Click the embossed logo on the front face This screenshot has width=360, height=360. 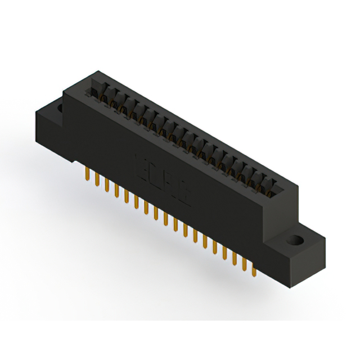tap(163, 177)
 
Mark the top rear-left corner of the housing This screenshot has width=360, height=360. tap(98, 71)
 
